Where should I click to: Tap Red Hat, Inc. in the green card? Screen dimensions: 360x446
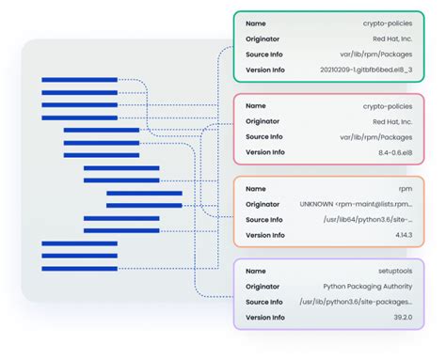390,39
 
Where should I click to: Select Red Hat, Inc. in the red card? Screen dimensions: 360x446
390,121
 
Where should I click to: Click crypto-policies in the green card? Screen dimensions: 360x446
387,23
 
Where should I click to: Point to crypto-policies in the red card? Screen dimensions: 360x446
387,106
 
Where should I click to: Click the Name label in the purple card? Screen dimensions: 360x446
255,271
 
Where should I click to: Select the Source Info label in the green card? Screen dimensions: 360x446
264,55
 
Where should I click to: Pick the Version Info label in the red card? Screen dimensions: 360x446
265,152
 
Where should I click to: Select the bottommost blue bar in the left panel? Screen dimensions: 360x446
79,268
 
